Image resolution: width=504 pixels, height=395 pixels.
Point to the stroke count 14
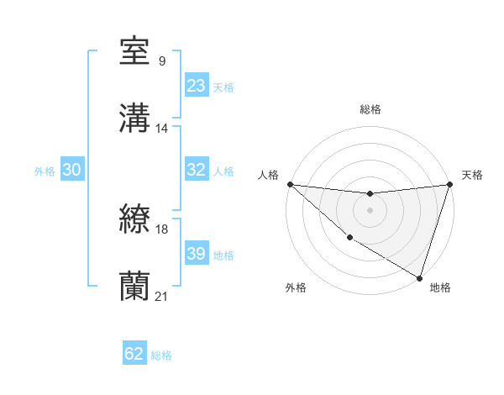point(162,128)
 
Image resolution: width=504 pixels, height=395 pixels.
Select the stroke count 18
point(163,229)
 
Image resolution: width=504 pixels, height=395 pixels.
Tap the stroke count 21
point(162,297)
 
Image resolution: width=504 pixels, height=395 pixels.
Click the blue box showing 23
point(197,86)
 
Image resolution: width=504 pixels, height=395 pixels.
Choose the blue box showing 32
point(197,170)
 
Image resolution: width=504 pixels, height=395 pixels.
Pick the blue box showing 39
point(197,254)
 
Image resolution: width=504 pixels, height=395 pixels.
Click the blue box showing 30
point(71,170)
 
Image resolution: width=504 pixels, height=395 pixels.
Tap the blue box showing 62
point(134,354)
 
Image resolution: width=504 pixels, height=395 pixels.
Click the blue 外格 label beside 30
point(45,171)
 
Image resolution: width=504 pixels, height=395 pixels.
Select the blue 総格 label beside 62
point(161,355)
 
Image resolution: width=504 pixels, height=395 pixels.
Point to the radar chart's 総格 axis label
point(370,109)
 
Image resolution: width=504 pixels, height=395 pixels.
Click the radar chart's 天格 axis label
point(473,175)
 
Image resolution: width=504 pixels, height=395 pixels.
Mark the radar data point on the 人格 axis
point(290,184)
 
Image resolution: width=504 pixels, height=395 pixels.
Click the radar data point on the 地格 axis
point(419,277)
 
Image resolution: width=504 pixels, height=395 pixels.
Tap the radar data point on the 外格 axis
point(349,238)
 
